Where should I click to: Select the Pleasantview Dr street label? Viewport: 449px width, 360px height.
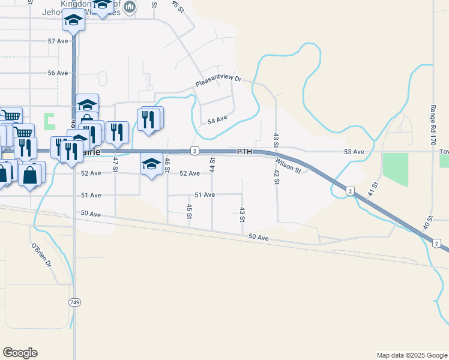[x=218, y=80]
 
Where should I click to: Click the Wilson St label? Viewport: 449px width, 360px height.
[x=288, y=165]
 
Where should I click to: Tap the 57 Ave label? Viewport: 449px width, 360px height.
[x=58, y=41]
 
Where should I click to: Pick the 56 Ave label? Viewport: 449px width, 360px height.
[x=58, y=73]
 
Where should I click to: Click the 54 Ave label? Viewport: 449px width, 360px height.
[x=217, y=120]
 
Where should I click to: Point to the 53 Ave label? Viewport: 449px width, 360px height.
[x=354, y=152]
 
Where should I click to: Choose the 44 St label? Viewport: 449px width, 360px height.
[x=212, y=164]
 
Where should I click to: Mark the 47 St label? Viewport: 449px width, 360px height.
[x=115, y=164]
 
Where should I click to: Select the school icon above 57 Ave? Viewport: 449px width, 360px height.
[x=74, y=21]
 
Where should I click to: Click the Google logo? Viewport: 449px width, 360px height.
[x=20, y=353]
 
